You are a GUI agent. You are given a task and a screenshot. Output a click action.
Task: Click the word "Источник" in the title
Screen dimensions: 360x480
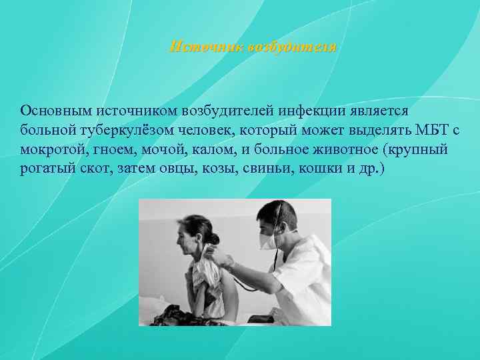[206, 48]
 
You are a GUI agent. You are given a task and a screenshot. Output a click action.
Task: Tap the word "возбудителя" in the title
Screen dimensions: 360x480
[291, 48]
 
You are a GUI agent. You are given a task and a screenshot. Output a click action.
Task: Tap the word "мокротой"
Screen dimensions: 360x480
[47, 149]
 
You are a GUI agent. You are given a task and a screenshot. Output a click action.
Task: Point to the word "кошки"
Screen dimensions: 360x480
[316, 169]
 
